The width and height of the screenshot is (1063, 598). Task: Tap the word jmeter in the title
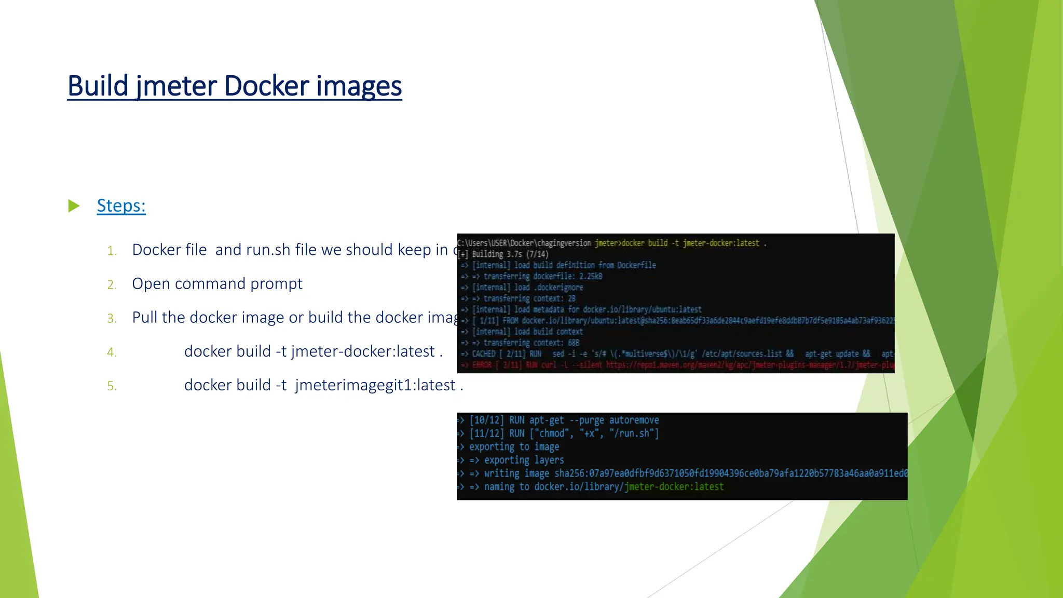point(176,86)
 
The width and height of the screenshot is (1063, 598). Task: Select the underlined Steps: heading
point(121,206)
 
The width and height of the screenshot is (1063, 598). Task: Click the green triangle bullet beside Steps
point(74,206)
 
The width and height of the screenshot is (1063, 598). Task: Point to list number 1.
point(112,251)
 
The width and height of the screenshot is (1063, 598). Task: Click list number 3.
point(112,319)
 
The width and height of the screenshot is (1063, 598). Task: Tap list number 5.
point(112,386)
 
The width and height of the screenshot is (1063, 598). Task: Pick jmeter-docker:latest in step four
point(363,351)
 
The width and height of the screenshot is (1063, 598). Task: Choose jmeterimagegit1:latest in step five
point(375,385)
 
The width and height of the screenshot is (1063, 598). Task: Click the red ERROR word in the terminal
point(482,365)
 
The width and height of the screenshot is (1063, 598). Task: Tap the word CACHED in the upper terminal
point(484,354)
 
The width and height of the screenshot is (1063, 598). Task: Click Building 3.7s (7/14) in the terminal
point(510,254)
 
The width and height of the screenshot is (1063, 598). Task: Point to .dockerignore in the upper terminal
point(559,288)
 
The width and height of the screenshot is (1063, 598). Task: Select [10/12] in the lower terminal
point(486,420)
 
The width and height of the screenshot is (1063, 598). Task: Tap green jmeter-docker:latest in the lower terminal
point(674,487)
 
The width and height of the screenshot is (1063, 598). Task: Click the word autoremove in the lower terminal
point(634,420)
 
